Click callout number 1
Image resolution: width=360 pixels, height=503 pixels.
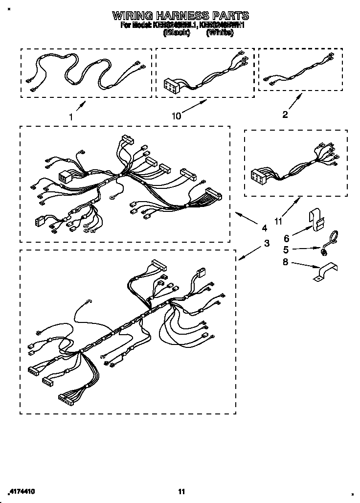(71, 117)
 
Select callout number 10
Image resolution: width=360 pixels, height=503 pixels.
(176, 115)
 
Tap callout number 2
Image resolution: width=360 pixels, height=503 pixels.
(285, 115)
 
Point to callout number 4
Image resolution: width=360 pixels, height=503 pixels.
(264, 228)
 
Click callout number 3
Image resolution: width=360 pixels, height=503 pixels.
(267, 243)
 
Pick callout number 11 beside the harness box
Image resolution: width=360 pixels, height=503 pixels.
(278, 221)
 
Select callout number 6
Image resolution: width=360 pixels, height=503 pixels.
(286, 238)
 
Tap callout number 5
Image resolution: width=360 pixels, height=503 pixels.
(286, 250)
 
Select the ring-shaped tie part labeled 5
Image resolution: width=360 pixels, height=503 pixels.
(328, 244)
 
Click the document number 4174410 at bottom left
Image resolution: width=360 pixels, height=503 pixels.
(22, 491)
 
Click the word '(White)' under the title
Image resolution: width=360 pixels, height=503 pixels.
(220, 33)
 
